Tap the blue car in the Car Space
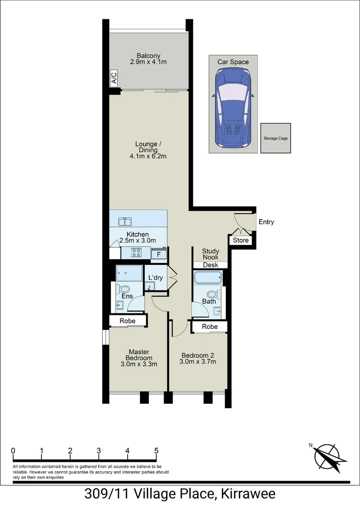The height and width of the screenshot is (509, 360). point(233,108)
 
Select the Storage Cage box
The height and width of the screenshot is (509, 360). point(276,138)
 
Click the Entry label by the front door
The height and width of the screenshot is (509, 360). point(266,222)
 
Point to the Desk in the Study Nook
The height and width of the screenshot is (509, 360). point(210,265)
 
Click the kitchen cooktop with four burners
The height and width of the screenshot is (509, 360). point(137,253)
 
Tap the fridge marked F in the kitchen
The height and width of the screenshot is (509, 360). point(158,255)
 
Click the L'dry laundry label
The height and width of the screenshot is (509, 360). point(155,278)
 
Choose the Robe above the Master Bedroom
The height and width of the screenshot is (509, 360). point(128,321)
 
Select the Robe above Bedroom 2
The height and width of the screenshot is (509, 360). point(210,327)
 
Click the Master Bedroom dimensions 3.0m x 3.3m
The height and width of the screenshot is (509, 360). point(139,364)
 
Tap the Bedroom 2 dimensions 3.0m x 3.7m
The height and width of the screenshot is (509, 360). point(198,362)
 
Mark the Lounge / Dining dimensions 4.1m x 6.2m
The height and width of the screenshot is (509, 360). point(148,156)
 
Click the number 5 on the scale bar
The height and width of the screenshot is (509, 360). point(156,451)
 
